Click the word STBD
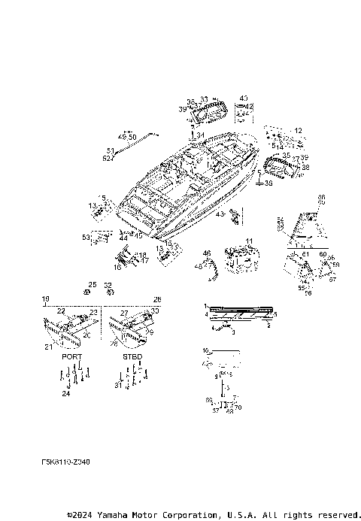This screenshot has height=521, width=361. pos(132,356)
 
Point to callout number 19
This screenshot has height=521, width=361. pos(45,298)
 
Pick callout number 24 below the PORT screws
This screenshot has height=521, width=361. pos(66,393)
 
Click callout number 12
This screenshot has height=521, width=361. pos(298,131)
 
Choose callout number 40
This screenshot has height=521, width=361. pos(243,98)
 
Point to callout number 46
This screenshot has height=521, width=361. pos(207,253)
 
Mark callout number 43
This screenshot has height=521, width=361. pos(219,214)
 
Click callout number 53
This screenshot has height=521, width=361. pos(86,237)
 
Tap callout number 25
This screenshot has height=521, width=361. pos(93,284)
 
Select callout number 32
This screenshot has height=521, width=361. pos(109,284)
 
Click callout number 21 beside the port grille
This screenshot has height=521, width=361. pos(49,347)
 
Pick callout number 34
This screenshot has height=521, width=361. pos(200,135)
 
